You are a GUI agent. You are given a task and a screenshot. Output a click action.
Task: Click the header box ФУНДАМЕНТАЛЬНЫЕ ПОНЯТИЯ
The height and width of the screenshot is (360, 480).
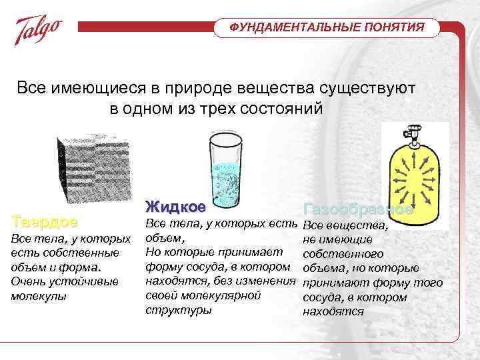(x=327, y=27)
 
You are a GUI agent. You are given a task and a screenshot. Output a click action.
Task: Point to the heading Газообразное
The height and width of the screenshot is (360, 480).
(x=358, y=209)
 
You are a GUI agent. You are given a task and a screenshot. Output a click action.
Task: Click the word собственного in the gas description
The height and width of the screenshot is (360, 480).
(x=343, y=254)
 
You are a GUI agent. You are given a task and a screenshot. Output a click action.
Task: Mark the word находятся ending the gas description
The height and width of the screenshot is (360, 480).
(x=333, y=311)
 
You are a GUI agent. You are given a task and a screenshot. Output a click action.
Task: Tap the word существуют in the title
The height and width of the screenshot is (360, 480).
(x=373, y=88)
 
